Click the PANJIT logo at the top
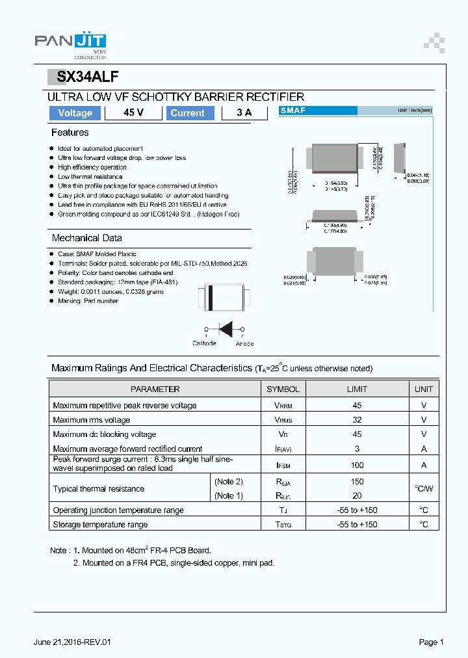click(70, 41)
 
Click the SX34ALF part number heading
click(87, 77)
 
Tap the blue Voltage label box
click(75, 113)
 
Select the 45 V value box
click(133, 113)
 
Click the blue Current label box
click(187, 113)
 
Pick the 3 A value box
click(244, 113)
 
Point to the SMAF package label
click(293, 111)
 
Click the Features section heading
click(70, 133)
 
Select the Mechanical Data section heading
click(86, 238)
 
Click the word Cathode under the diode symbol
click(204, 343)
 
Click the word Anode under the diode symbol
click(244, 343)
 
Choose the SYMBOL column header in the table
click(283, 389)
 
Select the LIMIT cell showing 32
click(357, 420)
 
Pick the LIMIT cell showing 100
click(357, 465)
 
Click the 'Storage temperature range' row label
click(100, 525)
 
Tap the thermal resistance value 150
click(357, 482)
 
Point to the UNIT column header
click(424, 389)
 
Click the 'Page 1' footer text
click(431, 642)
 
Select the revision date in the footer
click(72, 642)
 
